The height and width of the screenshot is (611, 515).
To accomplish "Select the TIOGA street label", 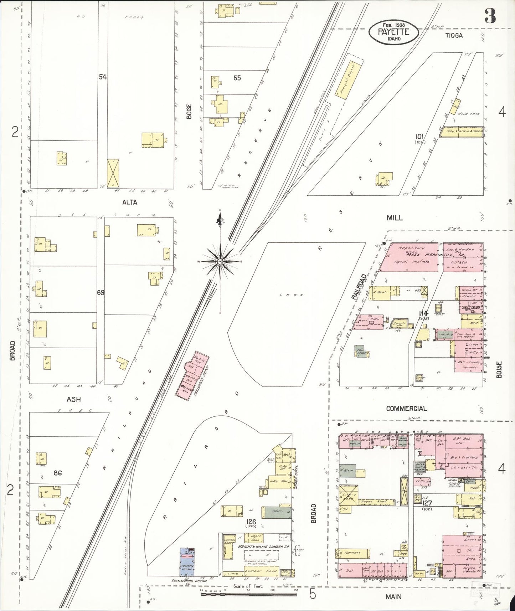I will tap(454, 35).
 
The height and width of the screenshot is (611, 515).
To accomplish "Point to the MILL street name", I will tap(395, 218).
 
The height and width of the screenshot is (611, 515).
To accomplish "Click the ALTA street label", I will tap(129, 202).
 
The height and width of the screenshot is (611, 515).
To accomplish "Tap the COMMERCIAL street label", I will tap(406, 409).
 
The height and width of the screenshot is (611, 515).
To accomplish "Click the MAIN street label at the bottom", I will tap(393, 596).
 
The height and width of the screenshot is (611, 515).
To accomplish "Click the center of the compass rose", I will tap(220, 262).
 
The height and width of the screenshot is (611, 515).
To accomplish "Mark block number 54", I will tap(103, 77).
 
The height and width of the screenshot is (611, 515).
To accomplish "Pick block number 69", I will tap(101, 292).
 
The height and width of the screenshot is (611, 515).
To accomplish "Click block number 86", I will tap(58, 473).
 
